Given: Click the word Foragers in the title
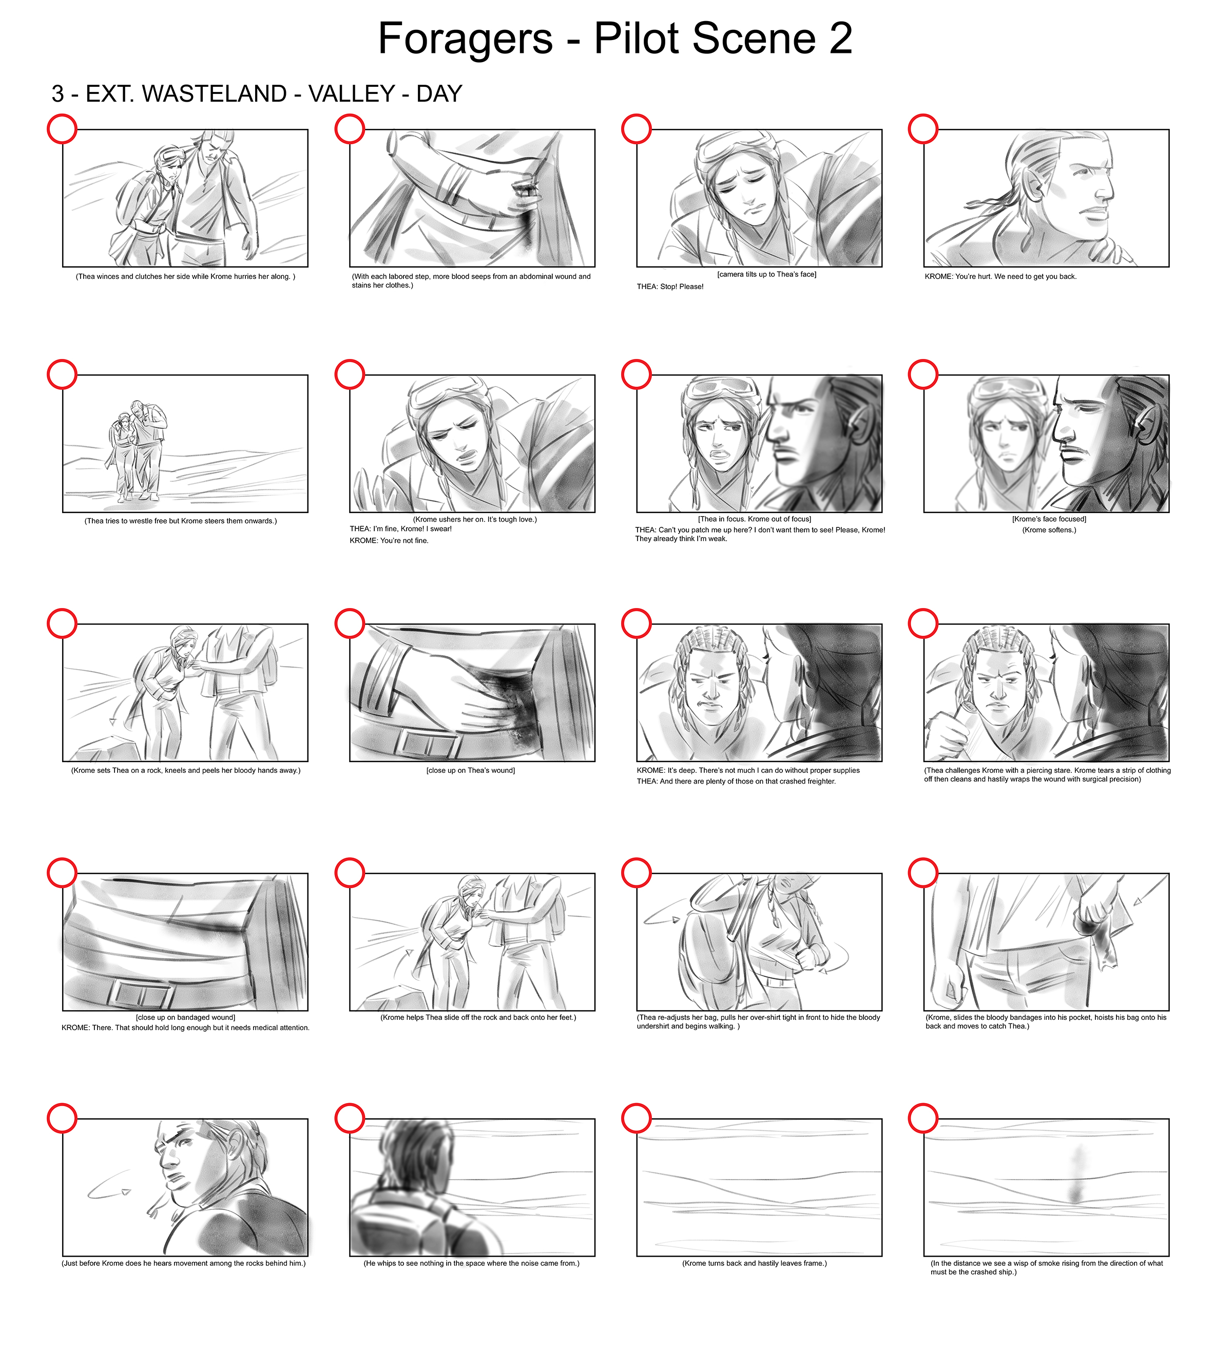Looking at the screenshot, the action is pyautogui.click(x=465, y=39).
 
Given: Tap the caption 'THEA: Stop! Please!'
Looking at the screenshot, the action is pyautogui.click(x=670, y=287).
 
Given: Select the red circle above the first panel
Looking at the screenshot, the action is pyautogui.click(x=62, y=129).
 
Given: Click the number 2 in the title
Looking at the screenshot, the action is pyautogui.click(x=840, y=39).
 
